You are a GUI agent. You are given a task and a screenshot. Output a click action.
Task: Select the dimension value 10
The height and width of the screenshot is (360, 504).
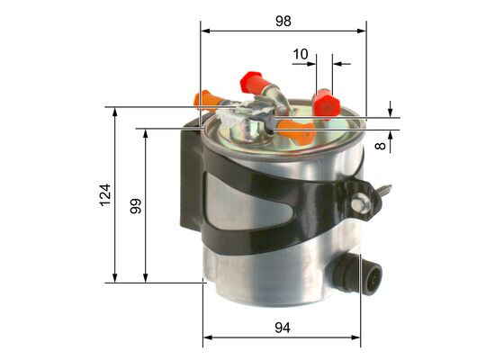click(x=301, y=54)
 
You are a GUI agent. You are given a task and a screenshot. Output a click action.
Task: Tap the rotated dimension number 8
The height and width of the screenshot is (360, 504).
click(x=382, y=143)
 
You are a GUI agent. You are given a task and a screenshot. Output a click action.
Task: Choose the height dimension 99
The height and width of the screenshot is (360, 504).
click(x=136, y=206)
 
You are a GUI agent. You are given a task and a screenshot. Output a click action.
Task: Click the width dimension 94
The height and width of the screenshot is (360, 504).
click(x=282, y=328)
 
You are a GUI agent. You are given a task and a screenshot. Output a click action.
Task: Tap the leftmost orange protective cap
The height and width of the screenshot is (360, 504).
click(x=208, y=97)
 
